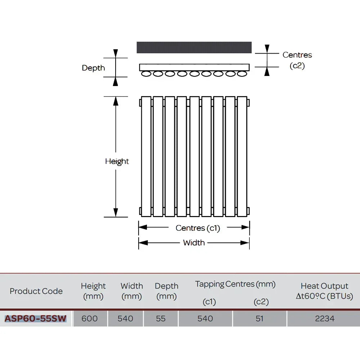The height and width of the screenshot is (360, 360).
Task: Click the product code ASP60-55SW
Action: (36, 319)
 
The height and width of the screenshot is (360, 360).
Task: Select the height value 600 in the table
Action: (90, 319)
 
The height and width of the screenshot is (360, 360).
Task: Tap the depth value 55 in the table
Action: (161, 319)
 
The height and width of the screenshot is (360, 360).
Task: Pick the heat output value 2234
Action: (325, 319)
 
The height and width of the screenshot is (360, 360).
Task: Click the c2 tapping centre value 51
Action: (260, 319)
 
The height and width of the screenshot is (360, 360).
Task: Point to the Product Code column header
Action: (36, 291)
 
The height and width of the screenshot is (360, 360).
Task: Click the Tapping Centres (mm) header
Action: (235, 284)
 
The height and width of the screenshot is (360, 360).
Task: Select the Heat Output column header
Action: (324, 291)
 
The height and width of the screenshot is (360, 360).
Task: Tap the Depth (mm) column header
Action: (166, 291)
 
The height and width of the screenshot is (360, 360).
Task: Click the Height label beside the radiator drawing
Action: (117, 161)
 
